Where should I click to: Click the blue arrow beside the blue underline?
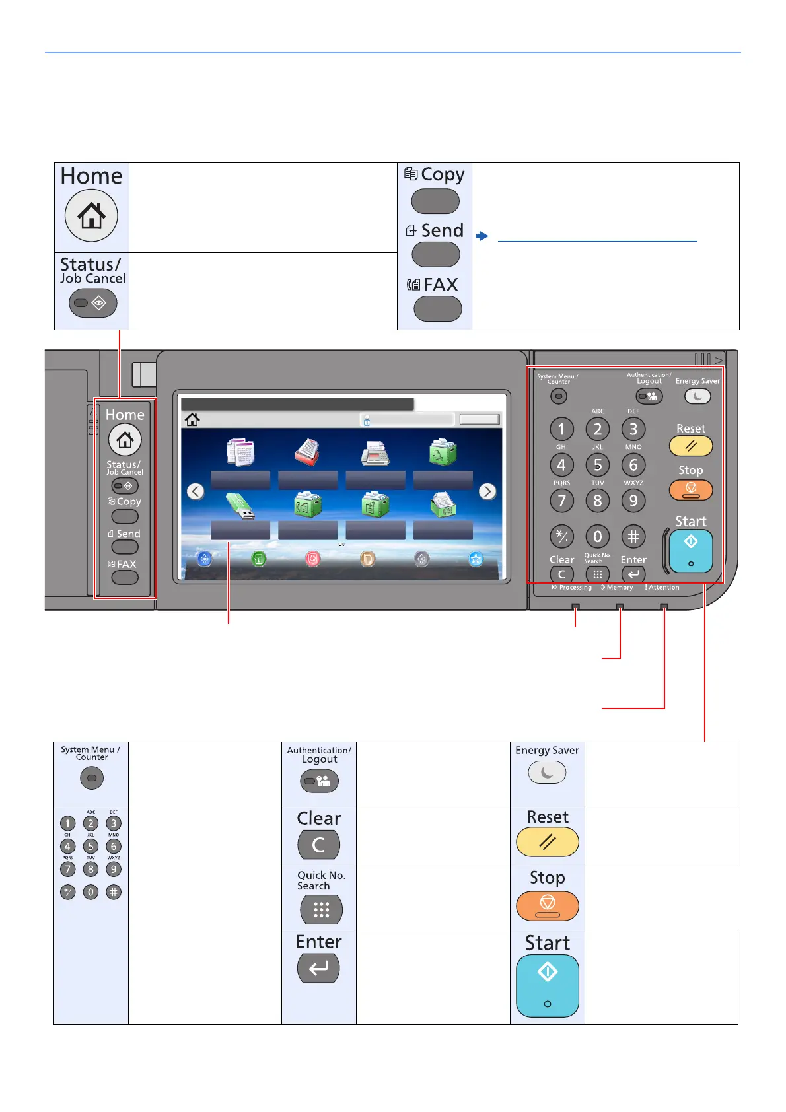[x=482, y=236]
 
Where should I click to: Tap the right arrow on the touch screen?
[x=487, y=491]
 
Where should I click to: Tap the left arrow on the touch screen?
[x=196, y=491]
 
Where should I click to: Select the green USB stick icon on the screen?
[x=240, y=506]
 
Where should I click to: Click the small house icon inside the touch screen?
[x=192, y=419]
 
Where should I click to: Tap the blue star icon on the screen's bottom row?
[x=476, y=559]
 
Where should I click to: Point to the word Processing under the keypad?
[x=575, y=588]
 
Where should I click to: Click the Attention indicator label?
[x=664, y=588]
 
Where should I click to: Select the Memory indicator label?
[x=620, y=588]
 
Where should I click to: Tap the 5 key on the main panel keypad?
[x=597, y=465]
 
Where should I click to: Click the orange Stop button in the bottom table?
[x=547, y=905]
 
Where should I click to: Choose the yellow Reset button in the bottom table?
[x=547, y=842]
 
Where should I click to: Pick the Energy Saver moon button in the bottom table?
[x=547, y=772]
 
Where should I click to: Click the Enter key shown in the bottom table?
[x=318, y=969]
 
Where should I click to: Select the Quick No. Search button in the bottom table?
[x=321, y=910]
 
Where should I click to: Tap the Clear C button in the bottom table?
[x=318, y=845]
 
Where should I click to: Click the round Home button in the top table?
[x=91, y=215]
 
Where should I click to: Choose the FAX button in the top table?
[x=437, y=308]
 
